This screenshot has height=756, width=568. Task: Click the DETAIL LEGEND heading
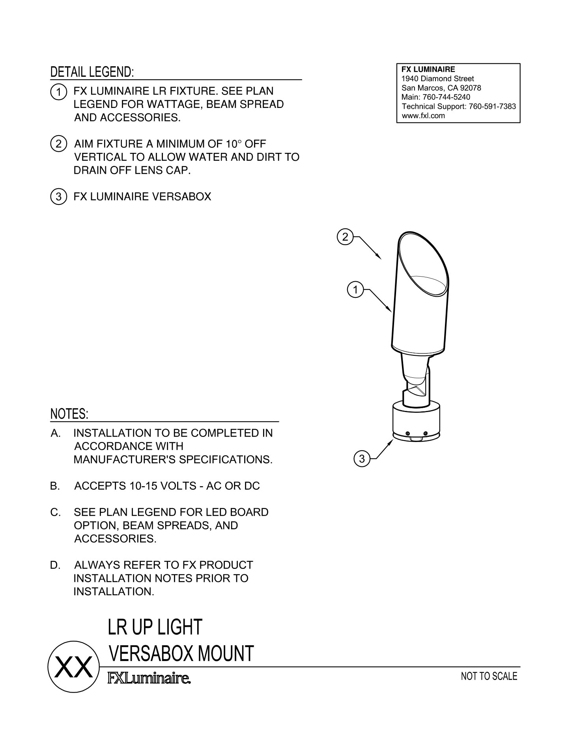click(x=92, y=72)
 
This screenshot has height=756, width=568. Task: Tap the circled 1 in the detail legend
click(x=58, y=92)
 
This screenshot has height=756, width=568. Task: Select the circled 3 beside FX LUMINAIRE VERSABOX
click(x=58, y=197)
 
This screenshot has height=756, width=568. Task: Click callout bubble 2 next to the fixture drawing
click(x=345, y=237)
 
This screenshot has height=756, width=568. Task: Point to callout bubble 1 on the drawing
click(x=355, y=290)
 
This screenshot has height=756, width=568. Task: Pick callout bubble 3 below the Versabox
click(x=362, y=459)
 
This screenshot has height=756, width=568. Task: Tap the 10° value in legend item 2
click(x=228, y=144)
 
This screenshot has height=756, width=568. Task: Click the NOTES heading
click(x=69, y=414)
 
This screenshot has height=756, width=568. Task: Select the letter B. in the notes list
click(x=55, y=486)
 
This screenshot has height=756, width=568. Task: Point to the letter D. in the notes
click(x=55, y=565)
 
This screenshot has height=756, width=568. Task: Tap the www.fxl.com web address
click(x=423, y=116)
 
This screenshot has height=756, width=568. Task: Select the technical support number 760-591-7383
click(x=492, y=106)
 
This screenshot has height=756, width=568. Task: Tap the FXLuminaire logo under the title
click(x=149, y=679)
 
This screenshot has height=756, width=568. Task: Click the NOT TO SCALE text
click(x=489, y=676)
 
